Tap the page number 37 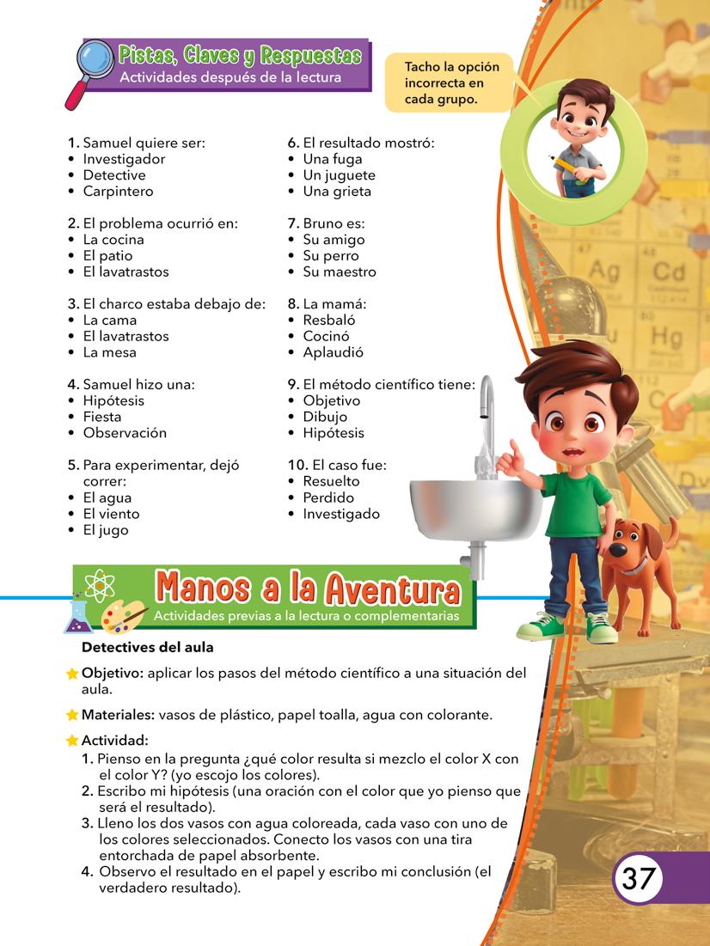[x=639, y=878]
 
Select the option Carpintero [x=118, y=191]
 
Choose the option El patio [x=107, y=255]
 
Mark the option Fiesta [x=102, y=417]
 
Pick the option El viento [x=111, y=514]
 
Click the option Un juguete [x=339, y=174]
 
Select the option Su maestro [x=339, y=272]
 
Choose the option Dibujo [x=325, y=417]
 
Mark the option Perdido [x=327, y=497]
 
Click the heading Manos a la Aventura [x=308, y=589]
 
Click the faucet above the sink [x=487, y=412]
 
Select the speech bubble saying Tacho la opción [x=448, y=82]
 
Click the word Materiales [x=117, y=714]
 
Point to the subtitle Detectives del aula [x=147, y=647]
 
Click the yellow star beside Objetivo [x=72, y=674]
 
